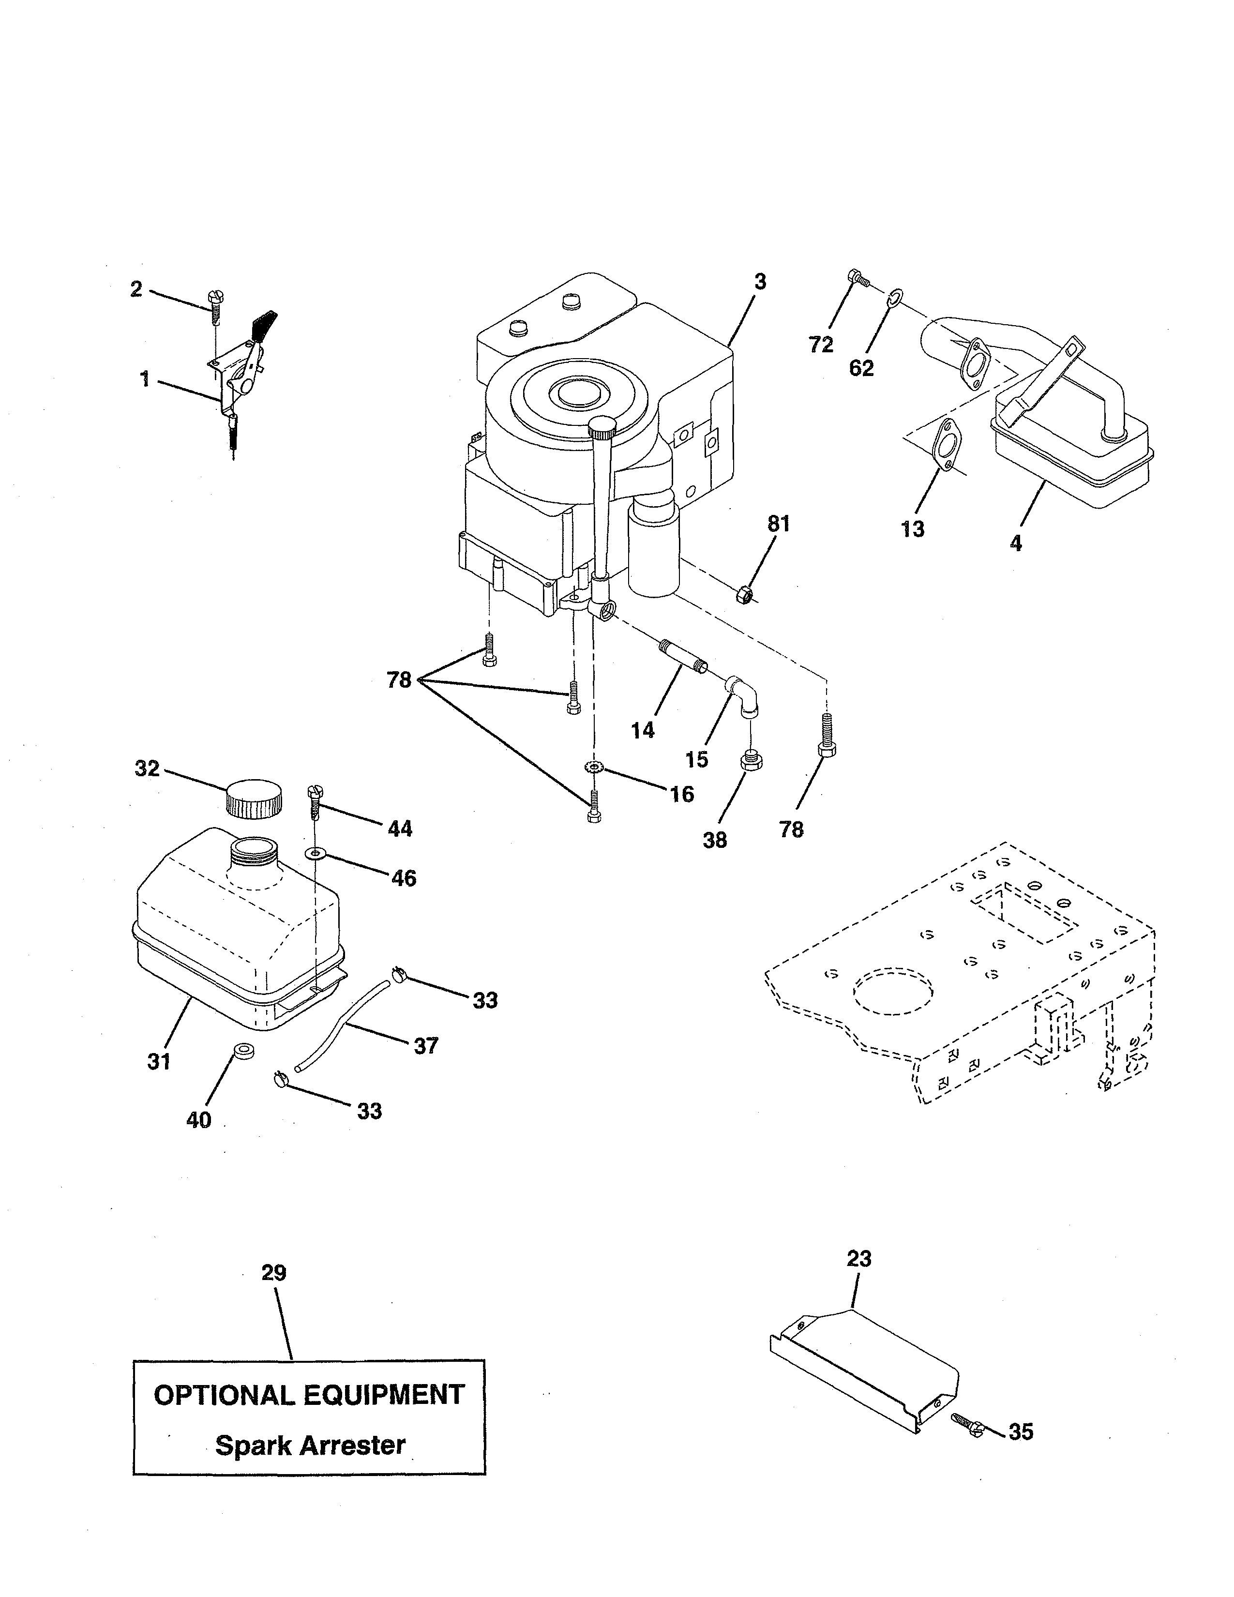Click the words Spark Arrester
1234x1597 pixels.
[x=310, y=1446]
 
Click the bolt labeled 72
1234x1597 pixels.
[x=857, y=277]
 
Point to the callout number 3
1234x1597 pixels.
[x=760, y=282]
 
